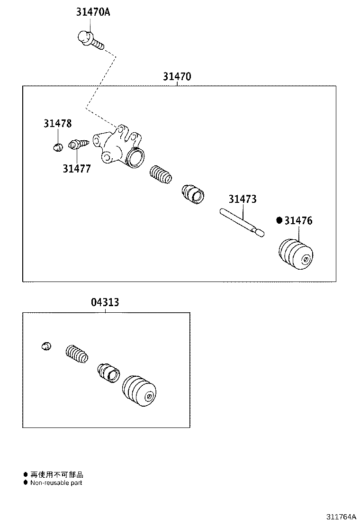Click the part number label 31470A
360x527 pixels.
click(x=93, y=12)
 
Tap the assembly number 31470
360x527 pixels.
click(x=177, y=76)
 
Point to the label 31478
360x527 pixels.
click(x=57, y=124)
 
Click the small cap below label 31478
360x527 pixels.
click(x=57, y=147)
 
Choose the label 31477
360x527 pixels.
click(x=77, y=168)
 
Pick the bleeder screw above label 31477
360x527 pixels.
click(x=78, y=144)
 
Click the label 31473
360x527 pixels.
click(x=243, y=199)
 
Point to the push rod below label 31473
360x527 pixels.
click(x=242, y=222)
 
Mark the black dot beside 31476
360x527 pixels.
click(x=279, y=220)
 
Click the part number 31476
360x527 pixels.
click(x=298, y=220)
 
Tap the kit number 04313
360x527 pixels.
click(x=105, y=302)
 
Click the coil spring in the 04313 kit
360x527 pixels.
click(x=76, y=354)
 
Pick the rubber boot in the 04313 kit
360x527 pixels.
click(x=139, y=391)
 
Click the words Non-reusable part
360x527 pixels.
click(x=56, y=483)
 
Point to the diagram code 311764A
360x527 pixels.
click(x=340, y=517)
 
